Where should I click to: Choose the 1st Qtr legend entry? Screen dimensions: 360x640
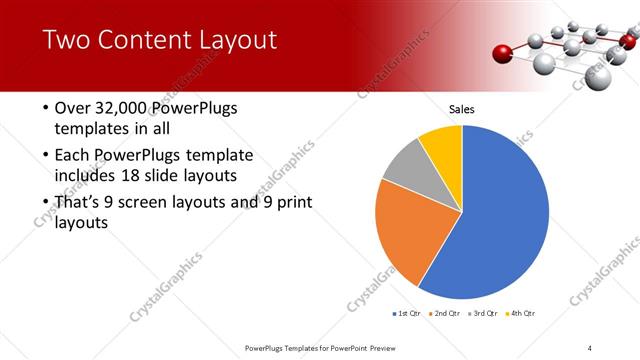(x=409, y=314)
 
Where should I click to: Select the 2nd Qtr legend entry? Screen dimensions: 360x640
(x=447, y=314)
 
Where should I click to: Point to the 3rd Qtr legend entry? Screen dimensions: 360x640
(x=484, y=314)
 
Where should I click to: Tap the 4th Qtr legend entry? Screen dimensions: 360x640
(x=522, y=314)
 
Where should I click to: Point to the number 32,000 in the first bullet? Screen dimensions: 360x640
(x=120, y=108)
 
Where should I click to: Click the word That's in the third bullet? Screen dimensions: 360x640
(x=81, y=203)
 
